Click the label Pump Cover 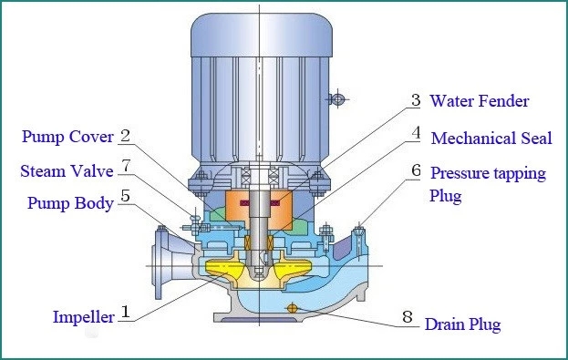tap(68, 139)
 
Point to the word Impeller tap(83, 317)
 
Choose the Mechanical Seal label tap(491, 139)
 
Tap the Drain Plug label tap(464, 324)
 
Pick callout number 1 tap(126, 314)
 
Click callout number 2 tap(125, 137)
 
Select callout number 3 tap(415, 100)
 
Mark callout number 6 tap(415, 170)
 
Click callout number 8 tap(408, 318)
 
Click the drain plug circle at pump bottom tap(292, 307)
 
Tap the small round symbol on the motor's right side tap(336, 98)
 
